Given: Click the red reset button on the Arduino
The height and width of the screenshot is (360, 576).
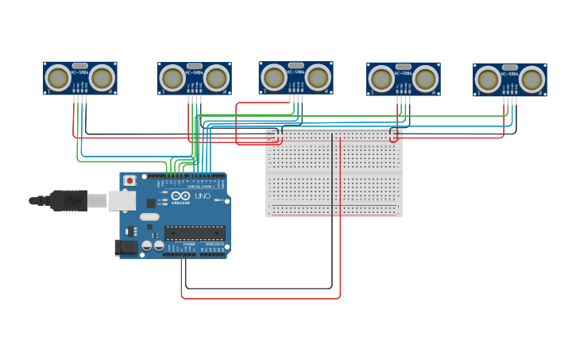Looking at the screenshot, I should [130, 181].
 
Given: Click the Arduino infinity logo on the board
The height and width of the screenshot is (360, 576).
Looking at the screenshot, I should [180, 195].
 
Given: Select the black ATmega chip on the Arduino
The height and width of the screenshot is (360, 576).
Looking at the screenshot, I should [194, 233].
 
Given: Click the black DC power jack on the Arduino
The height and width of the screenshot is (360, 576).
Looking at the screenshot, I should [125, 247].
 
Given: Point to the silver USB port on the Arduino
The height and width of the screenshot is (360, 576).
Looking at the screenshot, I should [122, 200].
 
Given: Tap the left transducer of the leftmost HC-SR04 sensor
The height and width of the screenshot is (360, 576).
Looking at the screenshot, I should [58, 78].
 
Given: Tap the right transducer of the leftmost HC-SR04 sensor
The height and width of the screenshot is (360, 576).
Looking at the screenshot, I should [102, 78].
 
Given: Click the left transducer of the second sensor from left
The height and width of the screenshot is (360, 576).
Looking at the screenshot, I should [172, 79].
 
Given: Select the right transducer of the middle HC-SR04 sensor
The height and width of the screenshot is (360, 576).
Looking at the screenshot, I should [318, 77].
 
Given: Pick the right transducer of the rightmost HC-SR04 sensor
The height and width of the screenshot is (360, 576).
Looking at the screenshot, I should [532, 79].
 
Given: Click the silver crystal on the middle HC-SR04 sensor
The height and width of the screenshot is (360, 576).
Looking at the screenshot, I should [296, 65].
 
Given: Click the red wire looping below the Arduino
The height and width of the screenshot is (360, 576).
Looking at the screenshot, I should [262, 299].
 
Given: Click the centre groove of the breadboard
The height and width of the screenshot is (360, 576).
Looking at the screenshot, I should [334, 172].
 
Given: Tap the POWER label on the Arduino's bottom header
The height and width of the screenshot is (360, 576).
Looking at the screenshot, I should [189, 245].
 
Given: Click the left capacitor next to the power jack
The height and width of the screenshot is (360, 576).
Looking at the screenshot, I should [146, 246].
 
